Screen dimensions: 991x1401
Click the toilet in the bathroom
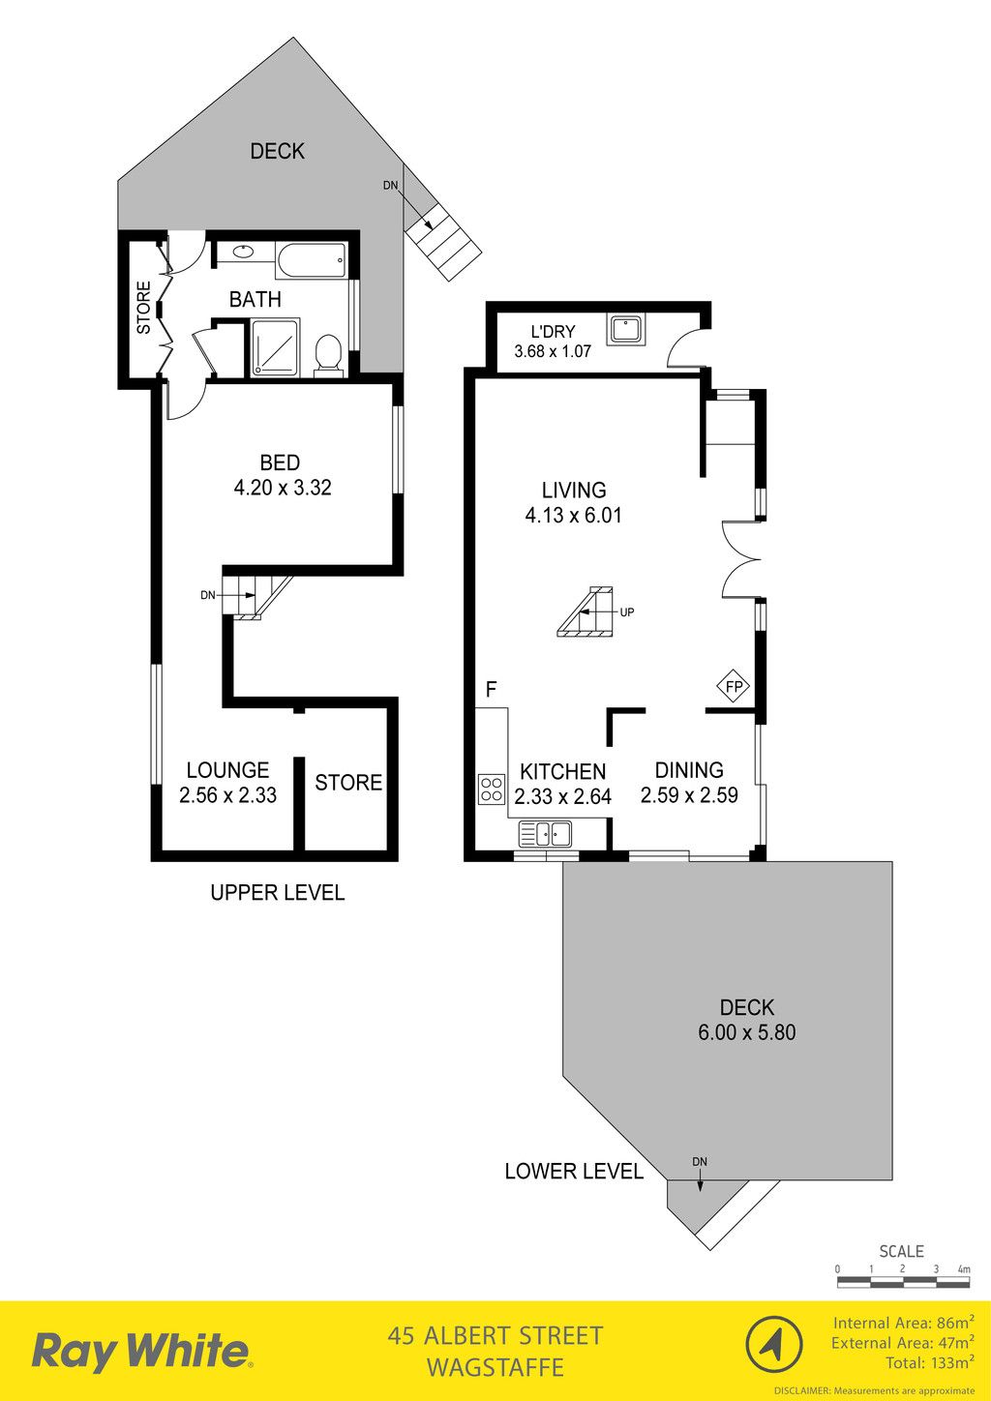[327, 356]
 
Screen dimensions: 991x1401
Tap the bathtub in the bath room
[311, 261]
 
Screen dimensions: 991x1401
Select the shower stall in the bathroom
[275, 347]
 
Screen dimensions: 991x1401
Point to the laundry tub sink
[626, 329]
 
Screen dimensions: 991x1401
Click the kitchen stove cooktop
[492, 789]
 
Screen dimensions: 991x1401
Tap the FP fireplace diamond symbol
[734, 687]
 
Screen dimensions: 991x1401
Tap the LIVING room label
[574, 490]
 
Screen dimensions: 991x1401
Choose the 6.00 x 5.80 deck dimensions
[746, 1032]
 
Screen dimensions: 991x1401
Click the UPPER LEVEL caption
[277, 892]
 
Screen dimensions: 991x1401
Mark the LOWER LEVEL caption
[574, 1171]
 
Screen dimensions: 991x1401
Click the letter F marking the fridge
[491, 689]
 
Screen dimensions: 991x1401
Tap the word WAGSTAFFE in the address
[495, 1368]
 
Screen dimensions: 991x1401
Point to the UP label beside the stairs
[626, 612]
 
